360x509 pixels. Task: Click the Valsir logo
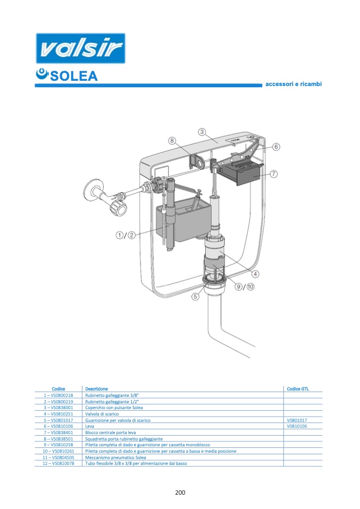[x=80, y=48]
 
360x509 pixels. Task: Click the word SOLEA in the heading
[x=74, y=76]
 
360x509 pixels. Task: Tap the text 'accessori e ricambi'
[x=294, y=84]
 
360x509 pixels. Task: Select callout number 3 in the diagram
[x=202, y=132]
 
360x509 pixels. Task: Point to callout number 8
[x=172, y=141]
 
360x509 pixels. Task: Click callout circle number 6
[x=276, y=147]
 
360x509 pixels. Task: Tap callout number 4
[x=256, y=274]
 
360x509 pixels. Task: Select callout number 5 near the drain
[x=195, y=296]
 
